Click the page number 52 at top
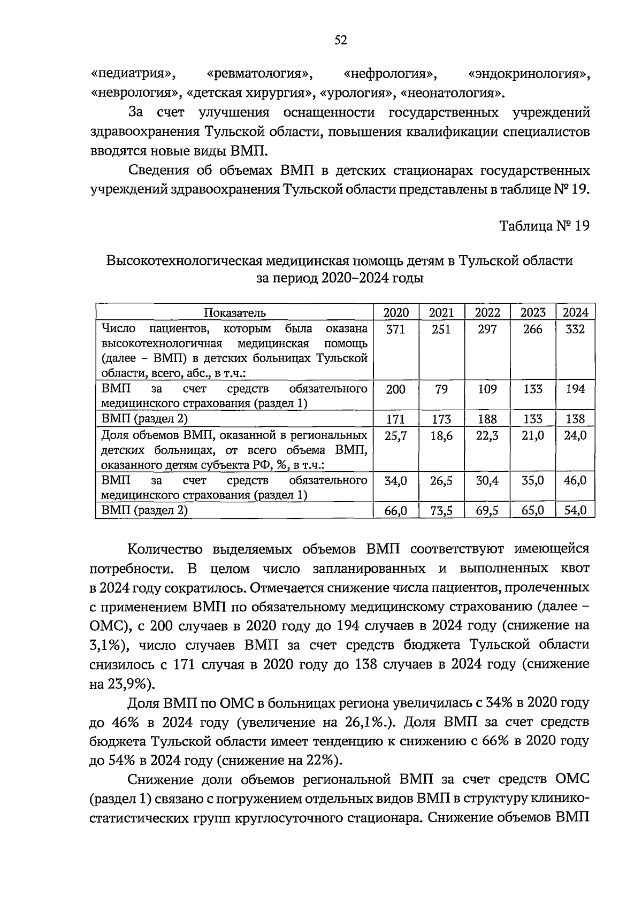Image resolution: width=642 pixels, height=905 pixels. [341, 40]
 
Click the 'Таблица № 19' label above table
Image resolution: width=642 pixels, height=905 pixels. [544, 226]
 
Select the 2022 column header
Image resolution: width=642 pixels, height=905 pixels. [487, 313]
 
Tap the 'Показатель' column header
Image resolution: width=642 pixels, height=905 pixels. [235, 313]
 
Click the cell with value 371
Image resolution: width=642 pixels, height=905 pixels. [395, 329]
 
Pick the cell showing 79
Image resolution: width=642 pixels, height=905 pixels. [441, 389]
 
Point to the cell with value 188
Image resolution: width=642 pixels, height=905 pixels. [487, 419]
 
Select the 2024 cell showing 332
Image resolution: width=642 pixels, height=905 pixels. [575, 329]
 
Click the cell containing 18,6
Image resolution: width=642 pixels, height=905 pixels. [441, 436]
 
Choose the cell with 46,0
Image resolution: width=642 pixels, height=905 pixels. [575, 481]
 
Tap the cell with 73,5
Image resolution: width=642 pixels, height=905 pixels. [441, 511]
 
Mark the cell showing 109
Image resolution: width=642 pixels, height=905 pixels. [487, 389]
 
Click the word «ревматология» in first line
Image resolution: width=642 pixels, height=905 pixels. [260, 74]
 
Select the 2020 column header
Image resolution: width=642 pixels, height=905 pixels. [396, 313]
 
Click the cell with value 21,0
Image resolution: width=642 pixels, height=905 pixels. [533, 436]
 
